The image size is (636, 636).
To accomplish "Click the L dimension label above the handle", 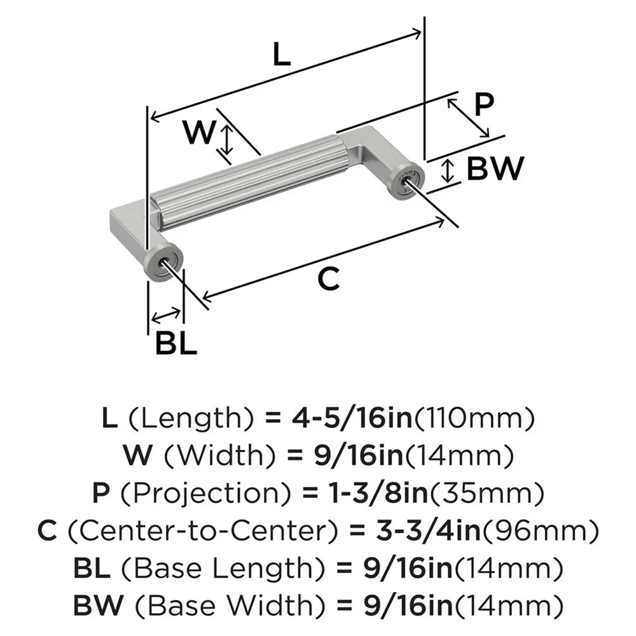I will (280, 55).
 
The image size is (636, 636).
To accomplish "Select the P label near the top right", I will (484, 104).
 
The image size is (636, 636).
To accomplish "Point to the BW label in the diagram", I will (495, 169).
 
